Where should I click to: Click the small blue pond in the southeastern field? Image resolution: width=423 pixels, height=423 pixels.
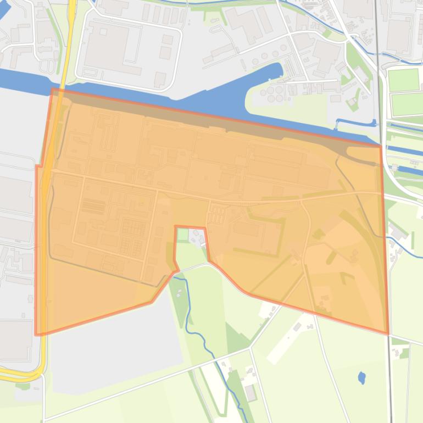coord(361,377)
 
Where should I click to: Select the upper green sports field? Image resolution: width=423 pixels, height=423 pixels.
coord(404,80)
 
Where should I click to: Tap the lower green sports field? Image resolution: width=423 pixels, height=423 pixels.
coord(407,104)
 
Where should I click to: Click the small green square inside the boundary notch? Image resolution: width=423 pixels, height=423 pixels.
coord(183,235)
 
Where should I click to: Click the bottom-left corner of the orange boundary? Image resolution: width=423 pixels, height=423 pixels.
coord(37,333)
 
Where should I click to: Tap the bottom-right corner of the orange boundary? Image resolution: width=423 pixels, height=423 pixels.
coord(387,332)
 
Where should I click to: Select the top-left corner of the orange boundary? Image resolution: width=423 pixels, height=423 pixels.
coord(53,90)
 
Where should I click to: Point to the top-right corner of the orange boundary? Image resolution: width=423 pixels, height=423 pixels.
coord(380,146)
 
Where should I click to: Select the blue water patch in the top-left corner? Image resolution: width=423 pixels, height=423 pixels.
coord(5,9)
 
